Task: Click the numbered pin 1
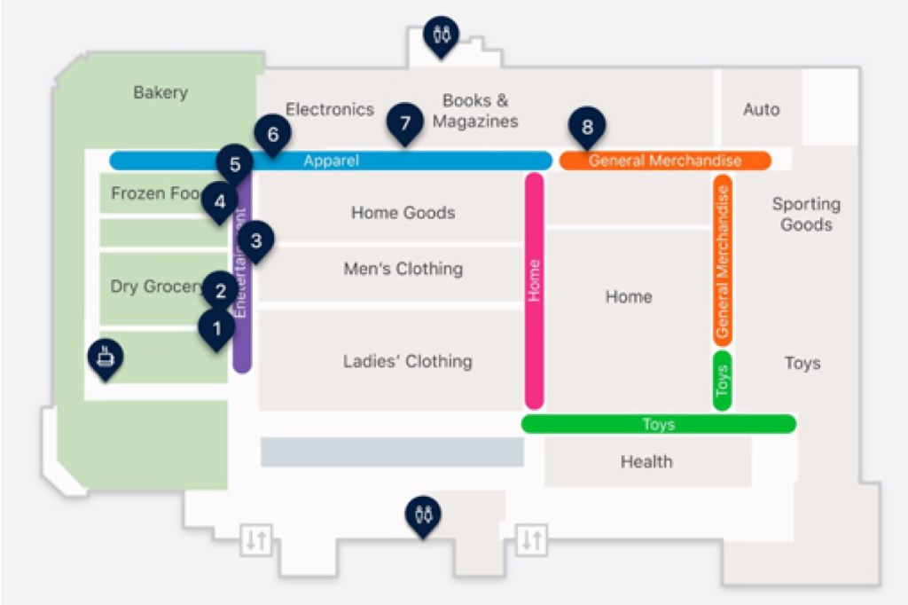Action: [x=215, y=328]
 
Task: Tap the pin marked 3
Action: [x=255, y=240]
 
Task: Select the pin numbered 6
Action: [x=272, y=135]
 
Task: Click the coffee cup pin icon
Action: [x=106, y=357]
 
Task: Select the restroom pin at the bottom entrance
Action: [x=423, y=514]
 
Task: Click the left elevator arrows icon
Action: [x=256, y=539]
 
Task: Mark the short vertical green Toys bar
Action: [x=722, y=381]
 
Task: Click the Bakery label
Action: [x=160, y=92]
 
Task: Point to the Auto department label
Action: [x=761, y=110]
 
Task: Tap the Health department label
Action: [x=646, y=461]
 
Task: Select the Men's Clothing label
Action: [x=403, y=269]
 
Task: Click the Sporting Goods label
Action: [x=806, y=214]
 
